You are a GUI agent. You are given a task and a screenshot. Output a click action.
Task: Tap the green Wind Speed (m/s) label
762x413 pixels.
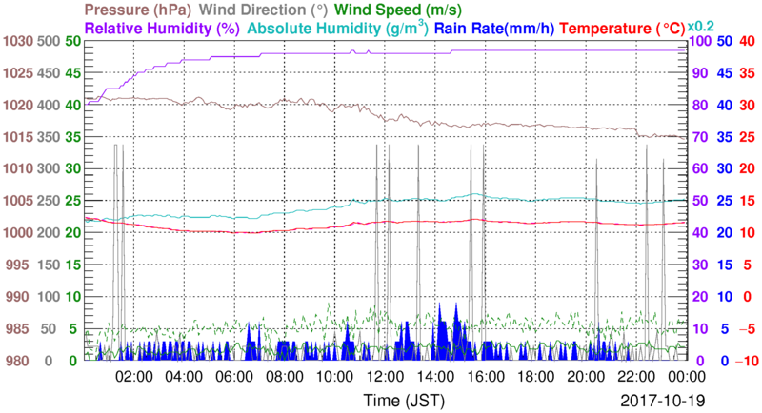tap(390, 10)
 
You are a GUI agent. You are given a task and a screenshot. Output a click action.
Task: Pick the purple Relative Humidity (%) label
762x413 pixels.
tap(163, 29)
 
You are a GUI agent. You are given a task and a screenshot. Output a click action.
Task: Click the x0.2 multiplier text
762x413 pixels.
tap(703, 25)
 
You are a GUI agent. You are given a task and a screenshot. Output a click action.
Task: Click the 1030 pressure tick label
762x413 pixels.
tap(16, 41)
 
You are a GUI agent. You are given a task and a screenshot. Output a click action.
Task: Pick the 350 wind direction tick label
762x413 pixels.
tap(50, 137)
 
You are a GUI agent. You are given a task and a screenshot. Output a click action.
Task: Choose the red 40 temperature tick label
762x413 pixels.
tap(747, 41)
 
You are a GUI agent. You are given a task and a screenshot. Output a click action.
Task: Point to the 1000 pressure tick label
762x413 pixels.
tap(16, 233)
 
